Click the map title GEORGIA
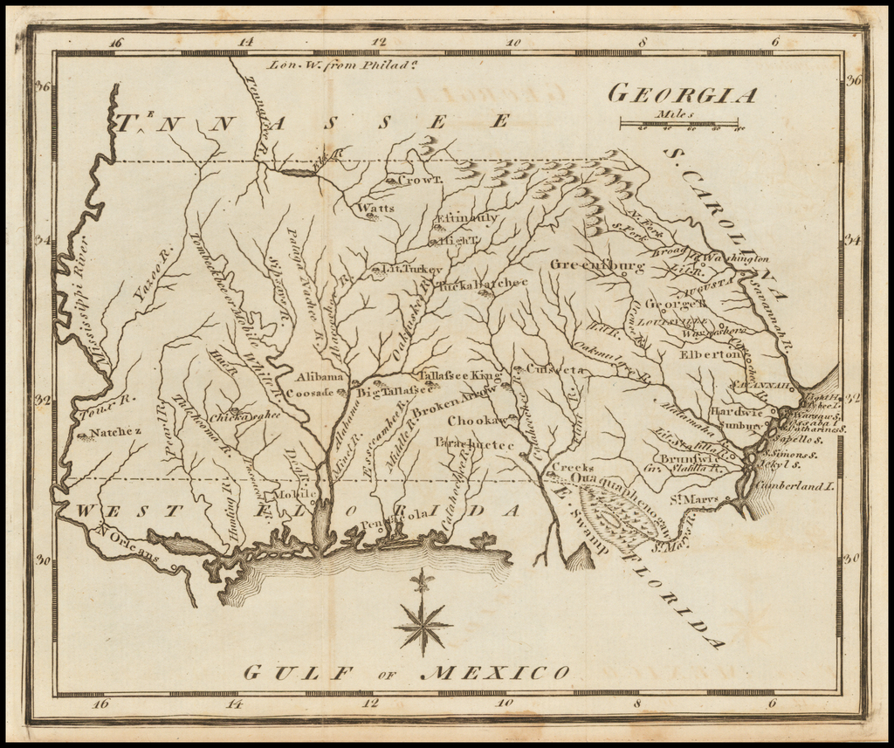click(x=682, y=93)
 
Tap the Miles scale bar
click(x=678, y=123)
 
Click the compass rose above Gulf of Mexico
click(x=423, y=621)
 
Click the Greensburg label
click(x=597, y=264)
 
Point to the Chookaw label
click(x=471, y=420)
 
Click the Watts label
click(x=375, y=209)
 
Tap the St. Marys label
click(x=688, y=499)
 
